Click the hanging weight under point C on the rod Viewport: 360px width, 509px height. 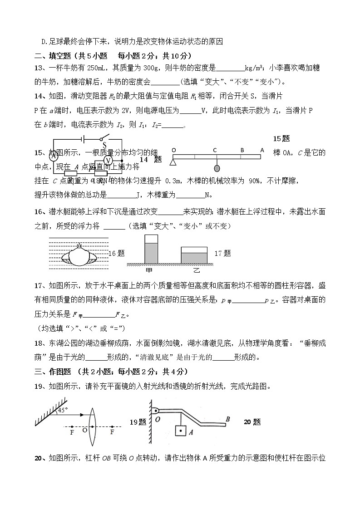217,169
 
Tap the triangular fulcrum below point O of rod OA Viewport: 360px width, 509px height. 173,162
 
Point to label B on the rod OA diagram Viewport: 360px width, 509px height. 242,150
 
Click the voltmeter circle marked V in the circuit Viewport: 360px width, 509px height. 108,161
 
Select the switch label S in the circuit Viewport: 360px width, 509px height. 104,145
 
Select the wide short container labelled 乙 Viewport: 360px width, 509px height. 194,255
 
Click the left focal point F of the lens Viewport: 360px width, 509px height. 72,432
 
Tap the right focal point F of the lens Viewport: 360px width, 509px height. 112,432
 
